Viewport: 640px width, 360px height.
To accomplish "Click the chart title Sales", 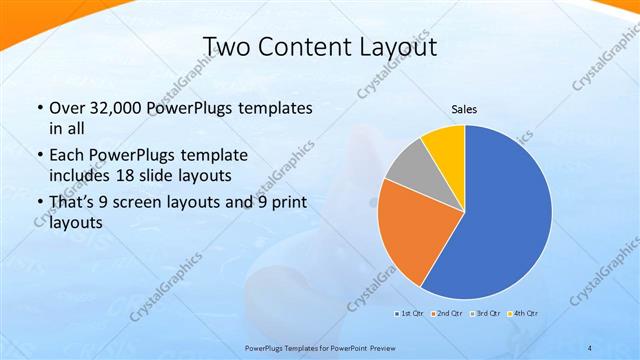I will point(464,108).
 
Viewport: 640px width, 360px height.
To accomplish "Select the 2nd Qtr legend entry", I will point(447,313).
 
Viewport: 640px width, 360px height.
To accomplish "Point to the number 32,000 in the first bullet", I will point(116,108).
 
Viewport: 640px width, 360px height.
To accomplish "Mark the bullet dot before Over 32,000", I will point(38,108).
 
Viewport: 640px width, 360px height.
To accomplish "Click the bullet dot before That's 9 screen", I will point(38,204).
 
